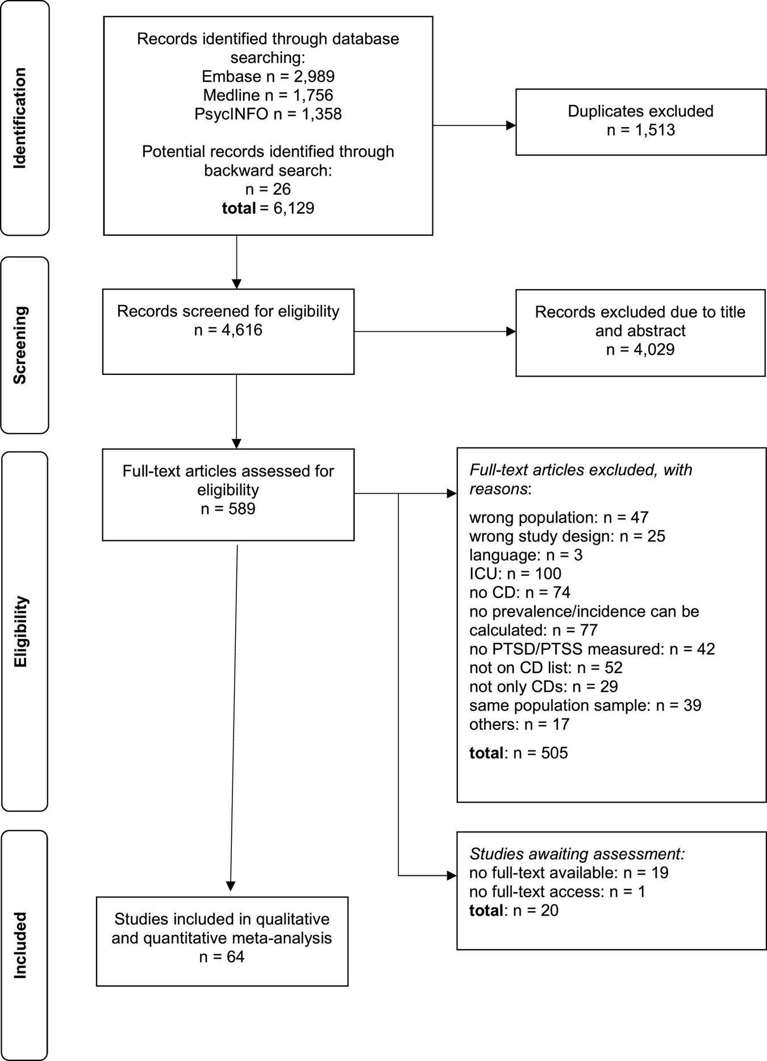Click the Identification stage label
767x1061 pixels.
coord(20,118)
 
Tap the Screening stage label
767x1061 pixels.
coord(20,345)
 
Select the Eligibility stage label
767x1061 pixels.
coord(20,631)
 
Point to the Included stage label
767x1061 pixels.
coord(20,945)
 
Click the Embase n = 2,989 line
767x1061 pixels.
coord(268,77)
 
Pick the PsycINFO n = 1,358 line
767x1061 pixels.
coord(268,114)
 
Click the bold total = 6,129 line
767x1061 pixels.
coord(268,208)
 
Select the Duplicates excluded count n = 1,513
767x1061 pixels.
coord(640,130)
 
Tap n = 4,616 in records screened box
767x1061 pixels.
coord(228,330)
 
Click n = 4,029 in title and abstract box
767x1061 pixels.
coord(640,349)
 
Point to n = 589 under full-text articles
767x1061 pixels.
coord(228,508)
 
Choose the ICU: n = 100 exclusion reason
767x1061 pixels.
coord(515,574)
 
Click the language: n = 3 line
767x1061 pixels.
coord(526,555)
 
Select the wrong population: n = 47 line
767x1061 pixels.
coord(558,517)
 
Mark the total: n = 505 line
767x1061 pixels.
coord(518,753)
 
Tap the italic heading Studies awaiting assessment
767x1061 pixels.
coord(577,854)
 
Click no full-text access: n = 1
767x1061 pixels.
coord(557,891)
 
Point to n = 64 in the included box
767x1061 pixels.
coord(222,957)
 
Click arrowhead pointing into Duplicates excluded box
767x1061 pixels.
coord(511,126)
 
